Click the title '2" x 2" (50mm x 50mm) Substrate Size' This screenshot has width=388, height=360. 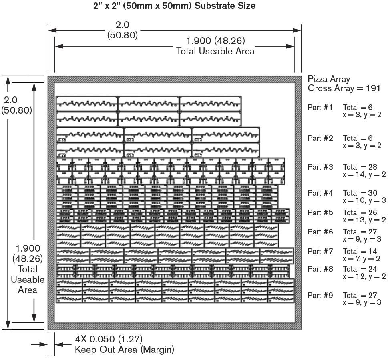(175, 6)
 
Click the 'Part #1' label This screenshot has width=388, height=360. (320, 107)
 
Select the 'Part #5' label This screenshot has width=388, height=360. (320, 212)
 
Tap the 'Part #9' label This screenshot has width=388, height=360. (320, 295)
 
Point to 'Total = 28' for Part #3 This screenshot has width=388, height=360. (360, 167)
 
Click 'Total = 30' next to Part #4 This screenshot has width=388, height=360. (360, 193)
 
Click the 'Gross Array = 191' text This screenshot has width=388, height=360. (344, 88)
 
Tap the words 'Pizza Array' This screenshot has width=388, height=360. (329, 79)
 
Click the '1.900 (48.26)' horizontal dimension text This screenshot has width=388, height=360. (215, 41)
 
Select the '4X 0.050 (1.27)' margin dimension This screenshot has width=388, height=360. (109, 339)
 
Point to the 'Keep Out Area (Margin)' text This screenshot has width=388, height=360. (125, 350)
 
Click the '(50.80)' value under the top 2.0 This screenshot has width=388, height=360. (123, 35)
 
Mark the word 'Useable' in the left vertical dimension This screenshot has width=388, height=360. (28, 279)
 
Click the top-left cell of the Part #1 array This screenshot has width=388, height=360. (87, 104)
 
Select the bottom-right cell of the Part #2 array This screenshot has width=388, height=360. (226, 150)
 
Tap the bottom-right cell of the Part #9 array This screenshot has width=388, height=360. (281, 299)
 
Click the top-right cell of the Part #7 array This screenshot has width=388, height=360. (277, 252)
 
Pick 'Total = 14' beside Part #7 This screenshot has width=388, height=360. (360, 252)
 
